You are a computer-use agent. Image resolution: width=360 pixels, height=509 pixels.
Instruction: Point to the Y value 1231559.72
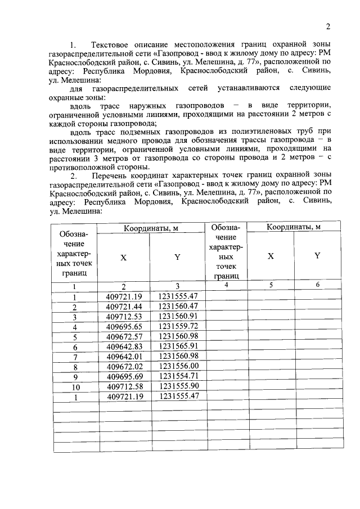coord(178,326)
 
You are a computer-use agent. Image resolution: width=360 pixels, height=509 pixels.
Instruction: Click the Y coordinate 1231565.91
coord(178,346)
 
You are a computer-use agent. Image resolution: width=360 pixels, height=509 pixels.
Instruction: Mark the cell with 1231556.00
coord(178,367)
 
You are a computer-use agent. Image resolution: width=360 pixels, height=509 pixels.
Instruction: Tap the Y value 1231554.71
coord(178,377)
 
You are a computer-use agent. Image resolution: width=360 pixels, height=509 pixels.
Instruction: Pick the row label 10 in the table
coord(74,388)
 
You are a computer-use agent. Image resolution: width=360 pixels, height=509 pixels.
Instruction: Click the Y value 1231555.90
coord(178,387)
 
